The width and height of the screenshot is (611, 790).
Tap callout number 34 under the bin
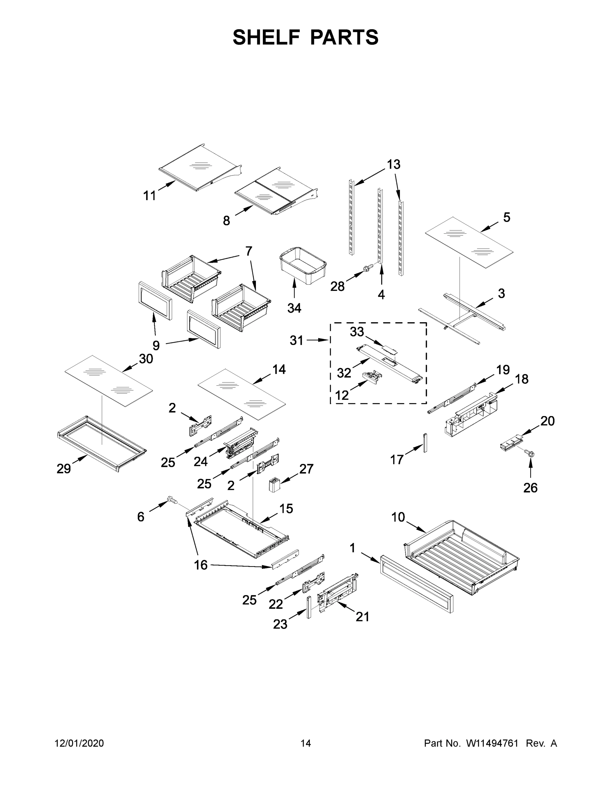tap(294, 308)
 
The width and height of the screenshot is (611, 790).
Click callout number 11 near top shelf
tap(150, 196)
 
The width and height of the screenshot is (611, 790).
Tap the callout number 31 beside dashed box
tap(296, 340)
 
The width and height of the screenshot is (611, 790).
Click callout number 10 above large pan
tap(398, 517)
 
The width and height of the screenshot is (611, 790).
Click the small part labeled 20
tap(511, 443)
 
